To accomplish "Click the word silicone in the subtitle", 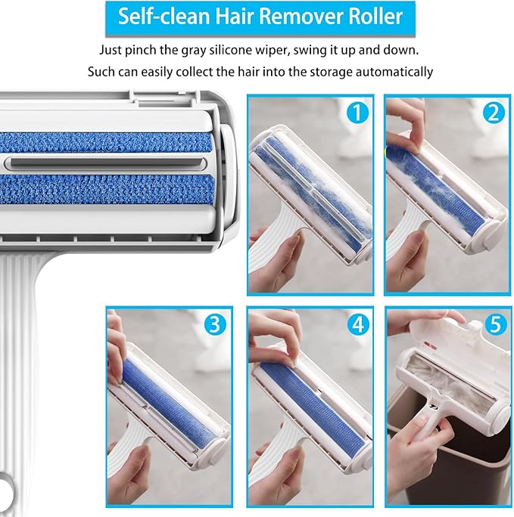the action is click(232, 50).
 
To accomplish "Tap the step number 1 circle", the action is click(357, 113).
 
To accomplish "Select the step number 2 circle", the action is click(494, 113).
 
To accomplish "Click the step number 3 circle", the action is click(215, 324).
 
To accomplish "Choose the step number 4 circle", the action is click(358, 324).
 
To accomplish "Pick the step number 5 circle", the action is click(496, 324).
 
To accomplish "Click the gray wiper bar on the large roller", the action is click(107, 163).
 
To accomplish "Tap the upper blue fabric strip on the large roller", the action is click(106, 142).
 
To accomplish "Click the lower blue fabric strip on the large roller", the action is click(106, 189).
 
